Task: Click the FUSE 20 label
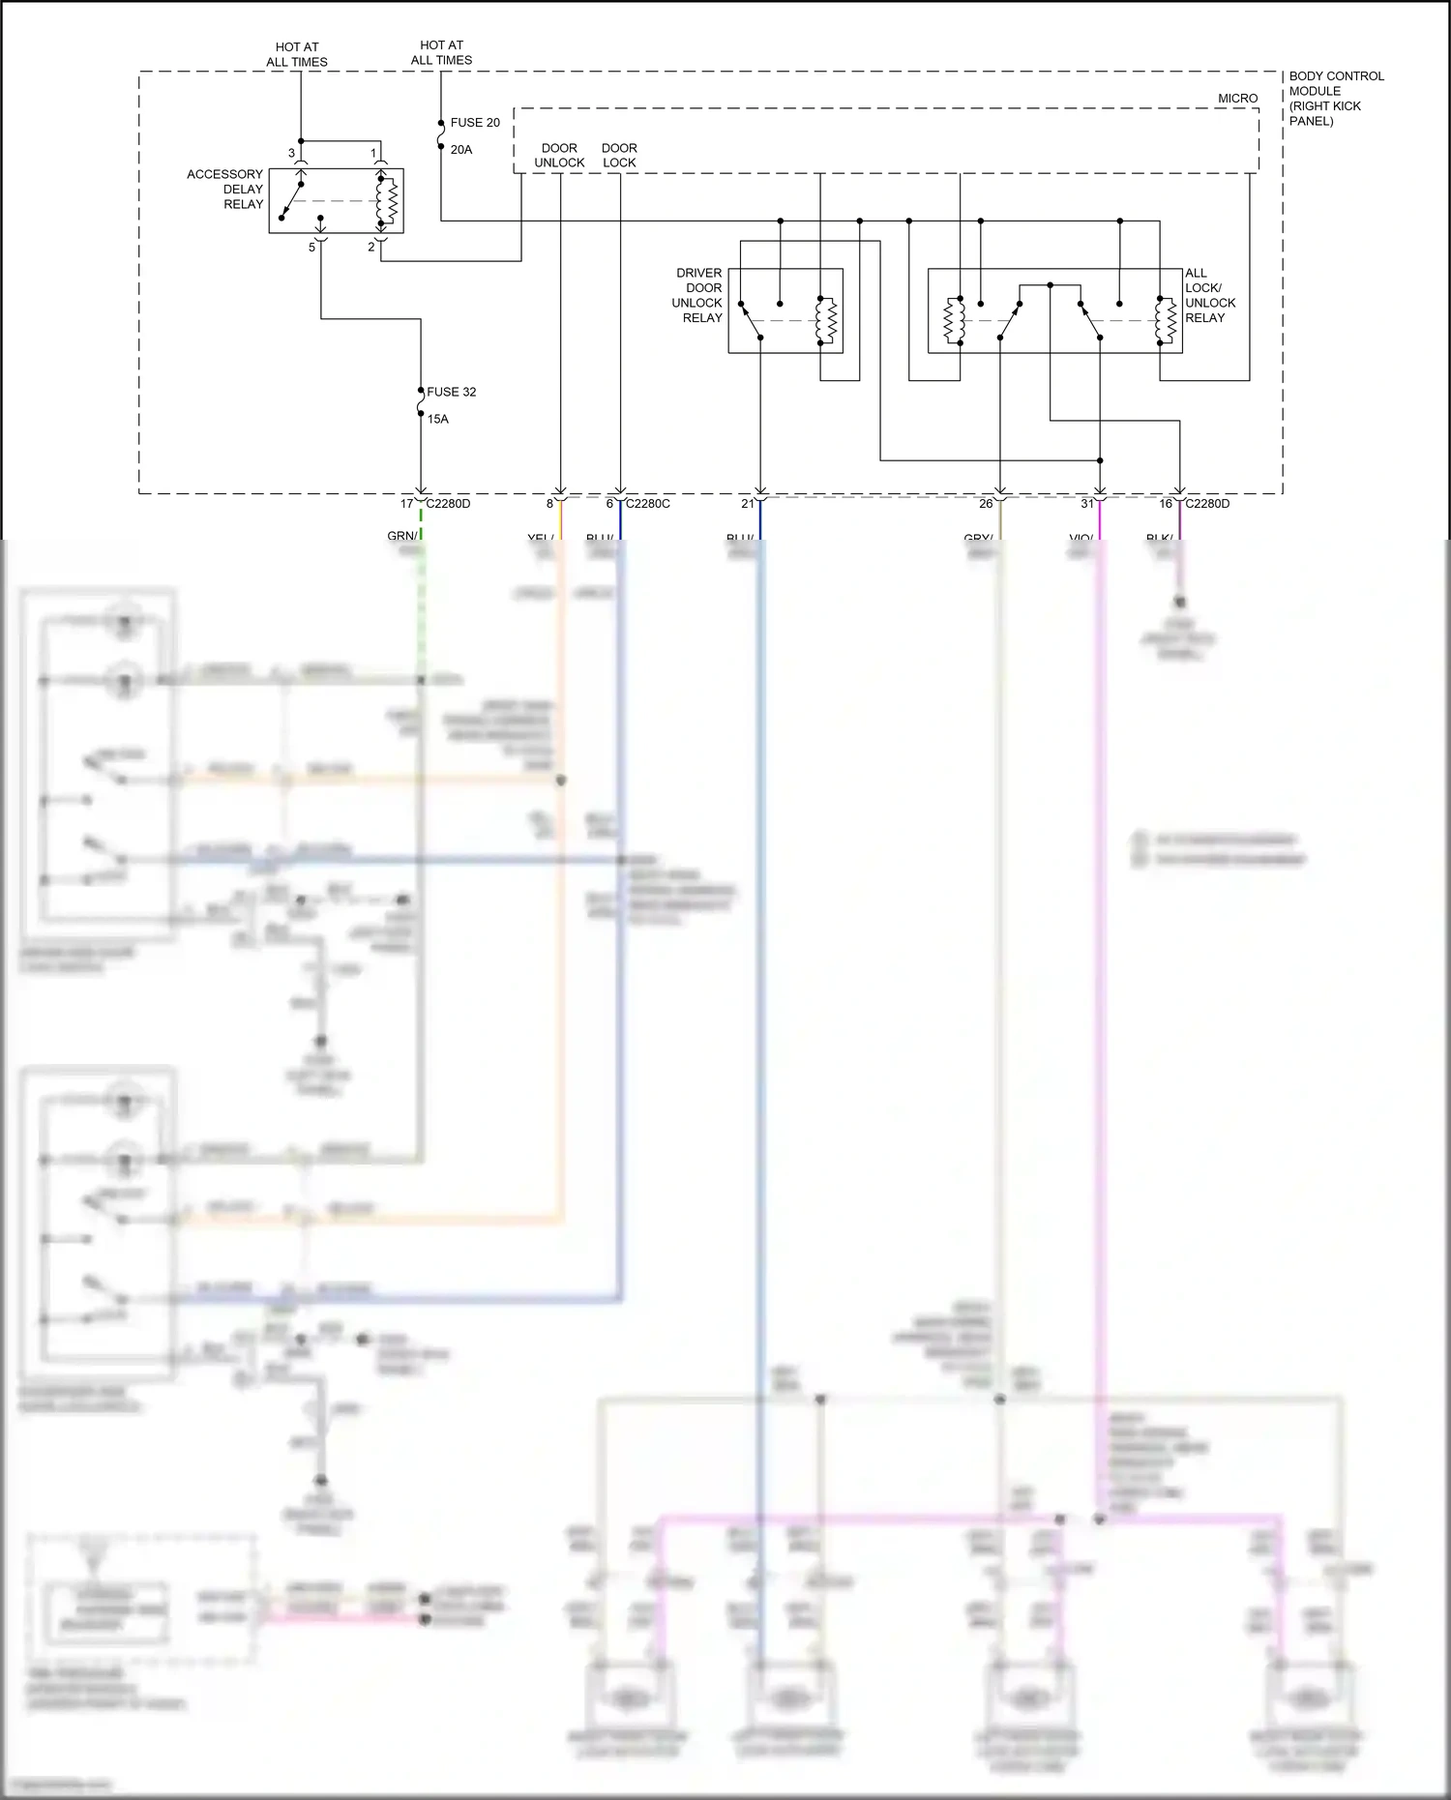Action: pos(475,123)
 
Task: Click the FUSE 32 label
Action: pos(451,392)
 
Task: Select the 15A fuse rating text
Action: pos(438,419)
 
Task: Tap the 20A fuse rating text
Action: pos(461,150)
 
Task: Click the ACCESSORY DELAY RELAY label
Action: pos(225,190)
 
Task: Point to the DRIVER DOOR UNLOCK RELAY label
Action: pos(697,295)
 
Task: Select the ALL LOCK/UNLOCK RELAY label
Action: pos(1209,295)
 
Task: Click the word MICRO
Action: pos(1237,99)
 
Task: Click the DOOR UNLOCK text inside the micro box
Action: pos(559,156)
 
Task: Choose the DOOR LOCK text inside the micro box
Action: pos(619,156)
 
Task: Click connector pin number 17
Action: pos(407,504)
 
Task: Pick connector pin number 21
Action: pos(748,504)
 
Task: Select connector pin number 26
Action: pos(986,504)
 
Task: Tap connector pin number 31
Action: pos(1087,504)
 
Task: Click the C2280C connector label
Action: pos(647,504)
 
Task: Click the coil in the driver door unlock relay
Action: pos(825,320)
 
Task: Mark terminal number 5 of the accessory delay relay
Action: pos(311,248)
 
